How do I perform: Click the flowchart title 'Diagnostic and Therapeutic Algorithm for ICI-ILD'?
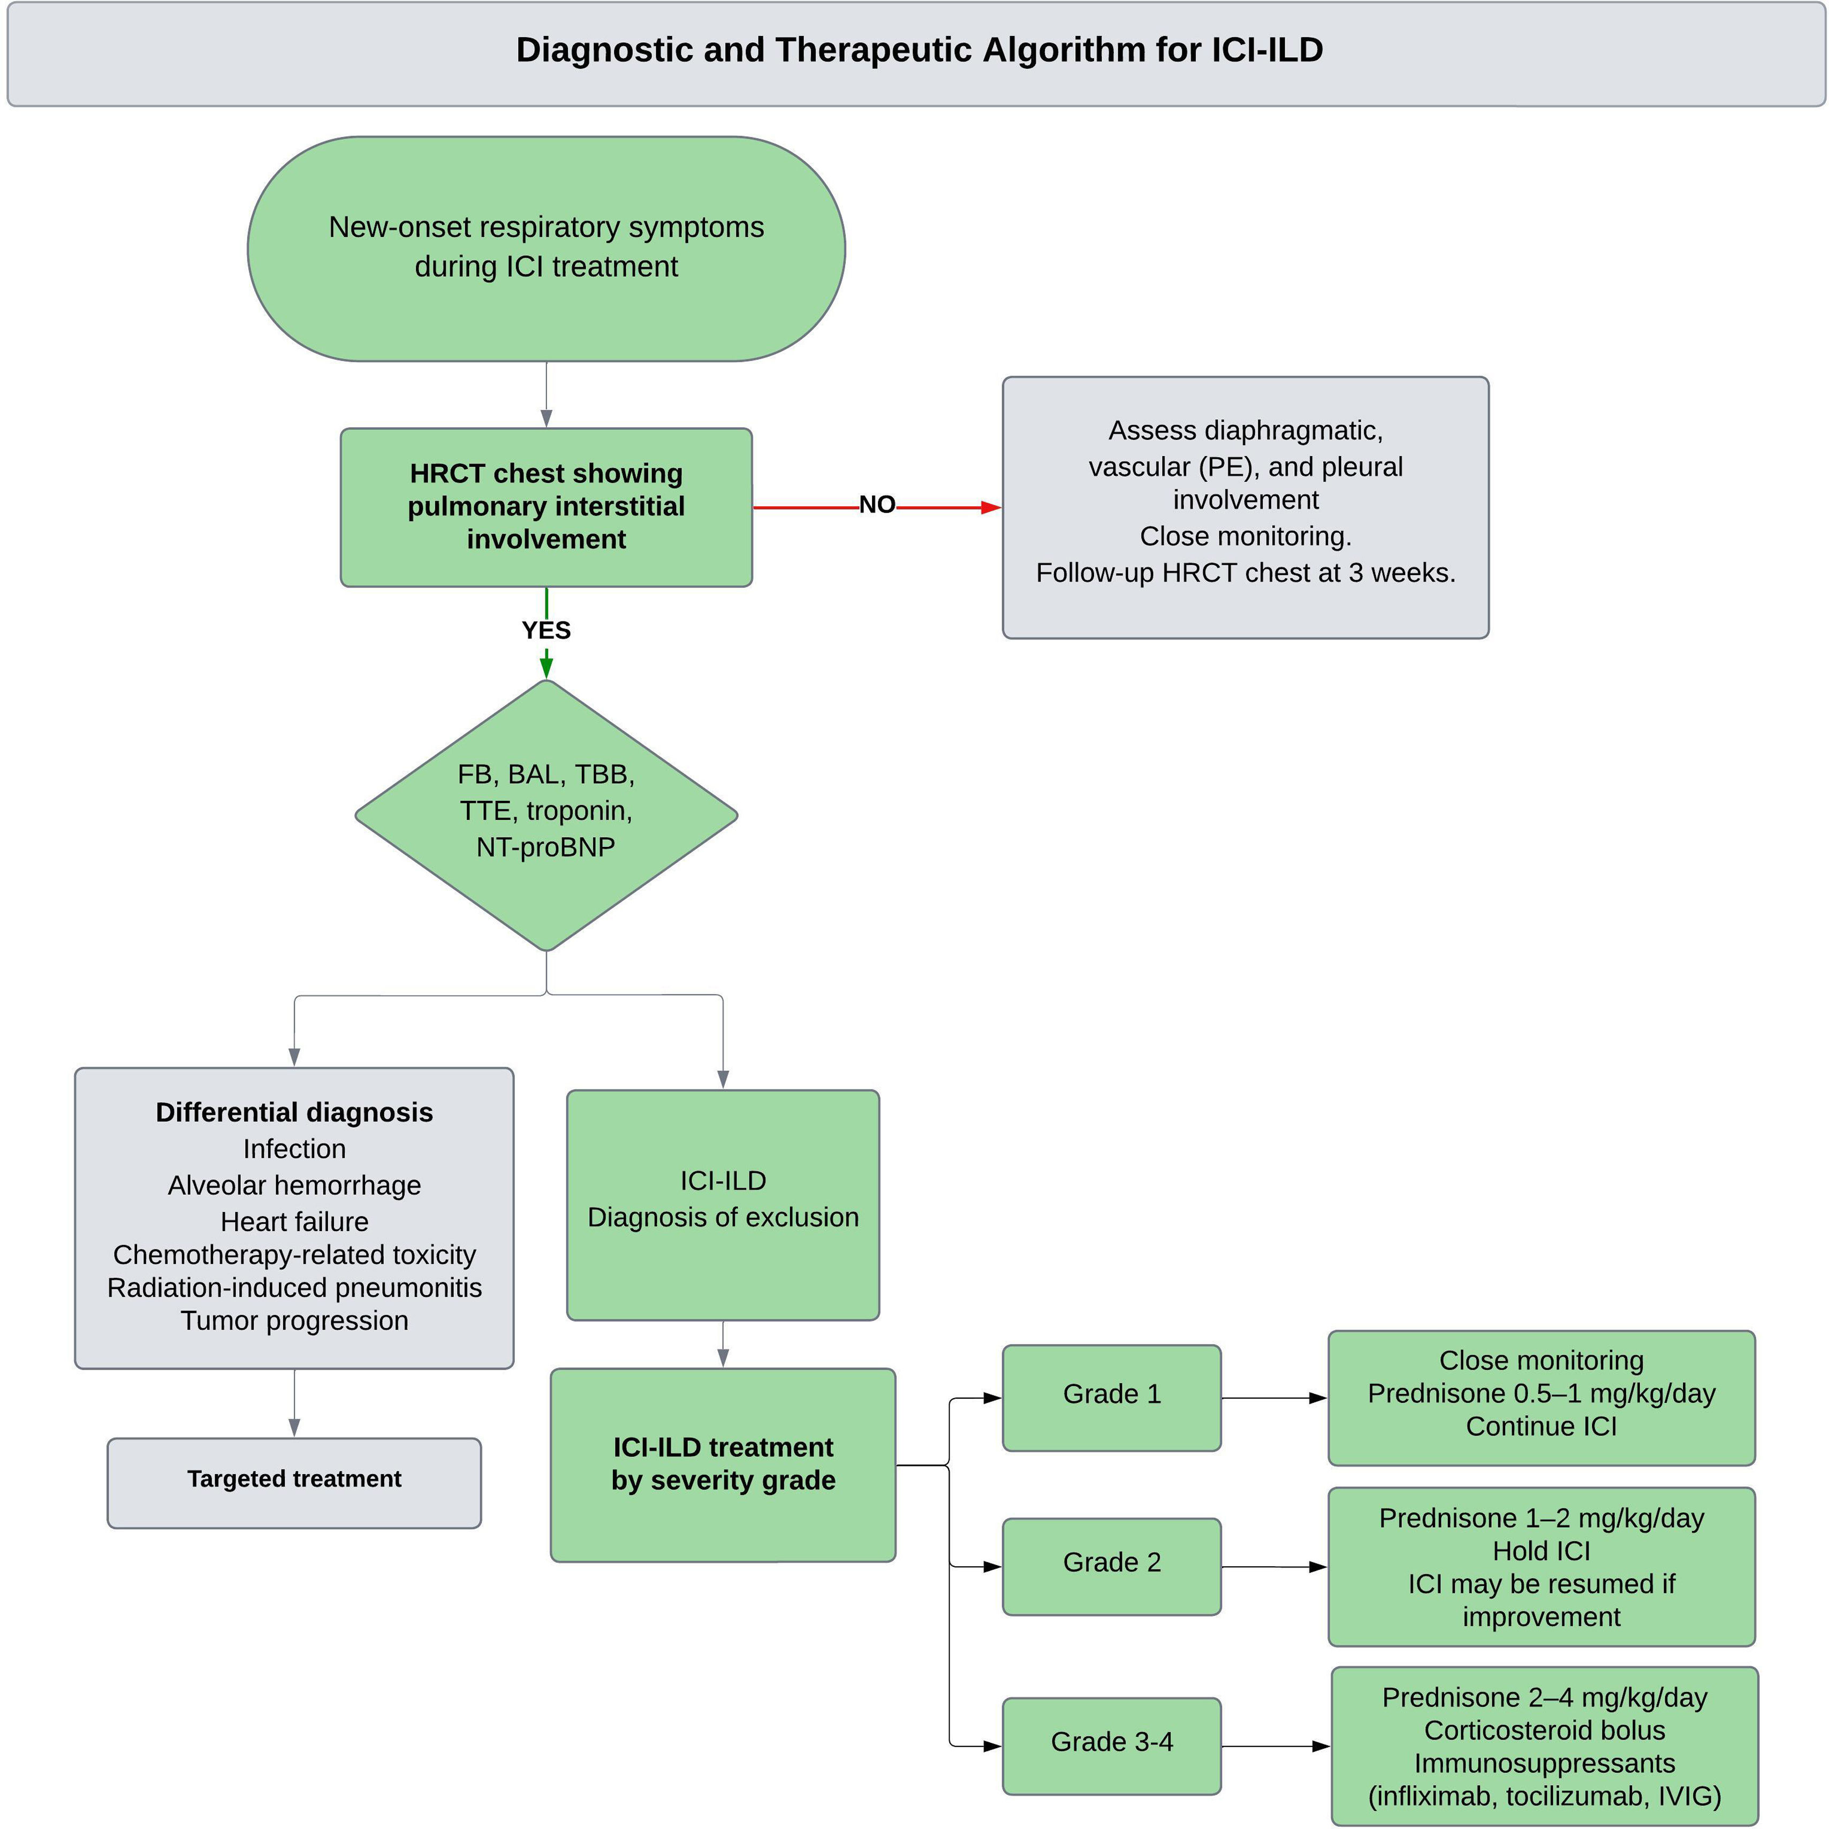pos(919,50)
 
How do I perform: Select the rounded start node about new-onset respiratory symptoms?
pos(547,248)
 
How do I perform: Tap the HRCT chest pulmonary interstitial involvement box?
pos(547,506)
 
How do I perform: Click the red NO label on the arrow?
pos(877,505)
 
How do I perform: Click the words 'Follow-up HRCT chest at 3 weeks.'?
pos(1245,573)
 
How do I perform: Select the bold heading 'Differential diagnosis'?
pos(294,1112)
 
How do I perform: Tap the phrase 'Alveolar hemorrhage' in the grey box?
pos(294,1185)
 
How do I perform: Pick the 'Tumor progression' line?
pos(294,1320)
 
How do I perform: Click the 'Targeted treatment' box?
pos(294,1479)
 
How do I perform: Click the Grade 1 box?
pos(1111,1394)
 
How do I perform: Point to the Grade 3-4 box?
pos(1111,1742)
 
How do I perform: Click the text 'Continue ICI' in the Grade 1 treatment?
pos(1541,1426)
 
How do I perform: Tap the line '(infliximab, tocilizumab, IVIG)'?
pos(1544,1796)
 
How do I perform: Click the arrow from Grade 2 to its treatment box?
pos(1273,1567)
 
